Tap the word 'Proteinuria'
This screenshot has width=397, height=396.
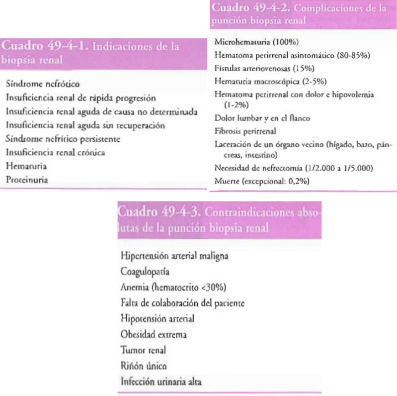click(x=27, y=180)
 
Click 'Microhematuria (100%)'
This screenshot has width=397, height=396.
click(x=257, y=42)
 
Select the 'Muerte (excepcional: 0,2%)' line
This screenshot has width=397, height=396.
click(x=262, y=182)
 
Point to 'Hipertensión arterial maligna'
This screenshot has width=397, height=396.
click(x=174, y=256)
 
